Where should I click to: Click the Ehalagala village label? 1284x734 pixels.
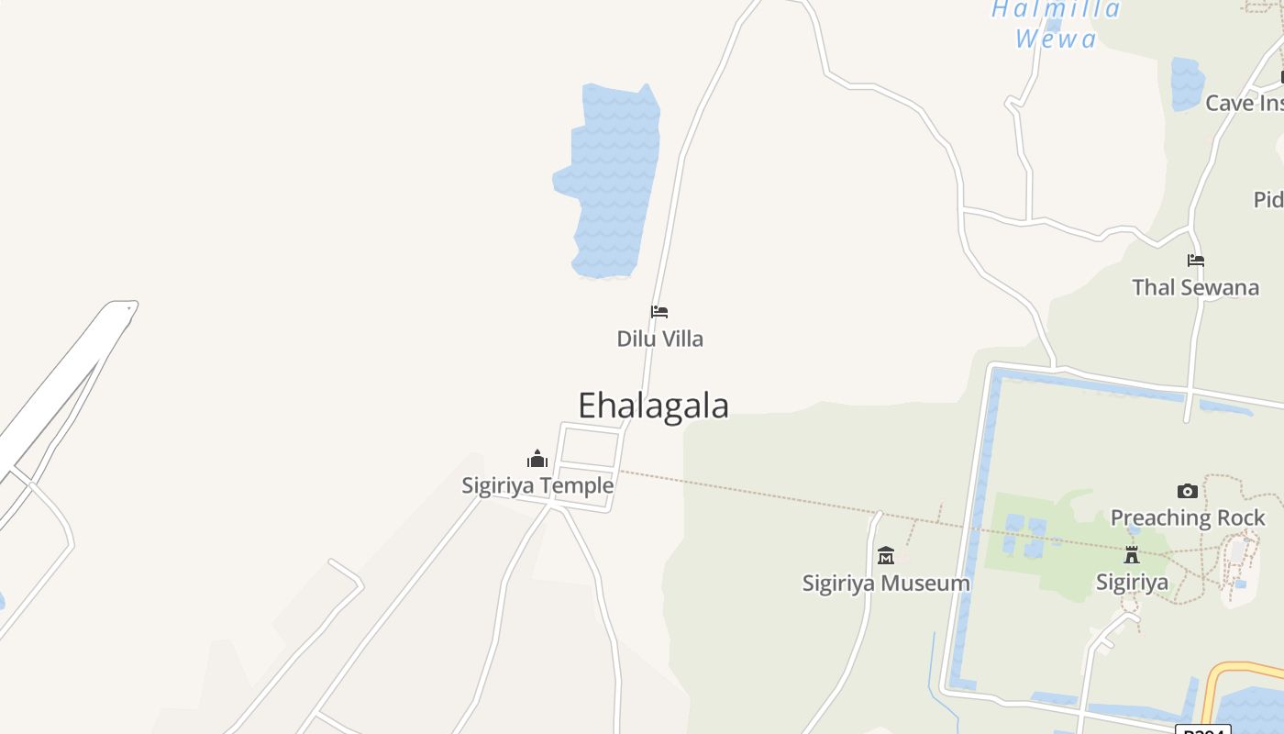pyautogui.click(x=653, y=406)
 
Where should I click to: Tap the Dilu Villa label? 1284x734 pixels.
pyautogui.click(x=659, y=339)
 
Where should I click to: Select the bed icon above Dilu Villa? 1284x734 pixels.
pyautogui.click(x=659, y=312)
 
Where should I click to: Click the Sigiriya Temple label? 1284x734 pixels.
pyautogui.click(x=537, y=485)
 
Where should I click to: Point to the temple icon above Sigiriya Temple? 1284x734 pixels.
pyautogui.click(x=537, y=459)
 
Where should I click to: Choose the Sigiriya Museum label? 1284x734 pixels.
pyautogui.click(x=886, y=583)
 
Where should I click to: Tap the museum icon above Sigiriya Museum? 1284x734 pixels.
pyautogui.click(x=886, y=556)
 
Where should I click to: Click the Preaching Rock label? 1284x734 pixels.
pyautogui.click(x=1188, y=517)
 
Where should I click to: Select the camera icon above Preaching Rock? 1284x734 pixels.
pyautogui.click(x=1188, y=492)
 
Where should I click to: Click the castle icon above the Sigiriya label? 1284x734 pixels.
pyautogui.click(x=1132, y=555)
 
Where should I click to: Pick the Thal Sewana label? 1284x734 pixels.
pyautogui.click(x=1195, y=287)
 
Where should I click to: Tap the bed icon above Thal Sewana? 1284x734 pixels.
pyautogui.click(x=1195, y=261)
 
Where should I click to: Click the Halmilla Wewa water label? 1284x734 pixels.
pyautogui.click(x=1057, y=24)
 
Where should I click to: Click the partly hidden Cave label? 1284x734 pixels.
pyautogui.click(x=1243, y=103)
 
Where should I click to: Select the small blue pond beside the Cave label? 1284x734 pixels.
pyautogui.click(x=1187, y=83)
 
